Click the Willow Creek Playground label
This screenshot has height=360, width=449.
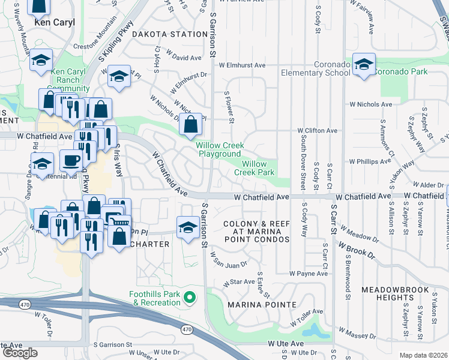[219, 150]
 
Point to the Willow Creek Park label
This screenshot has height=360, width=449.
[258, 168]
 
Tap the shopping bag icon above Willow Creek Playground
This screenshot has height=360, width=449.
[190, 124]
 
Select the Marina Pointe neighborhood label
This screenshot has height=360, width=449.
[262, 305]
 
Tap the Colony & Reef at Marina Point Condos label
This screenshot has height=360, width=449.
[256, 232]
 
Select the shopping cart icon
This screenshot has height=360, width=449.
[121, 223]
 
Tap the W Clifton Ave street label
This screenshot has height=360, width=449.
[318, 130]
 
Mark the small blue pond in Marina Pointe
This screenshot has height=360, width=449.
[313, 330]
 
